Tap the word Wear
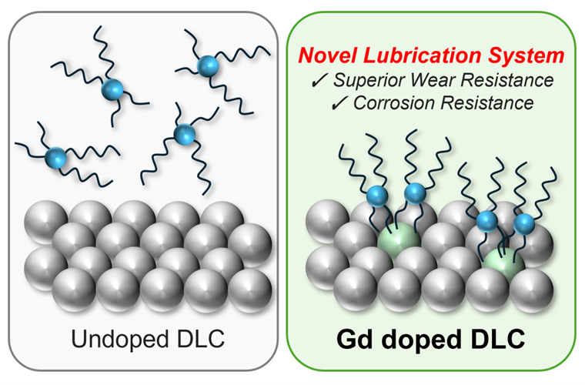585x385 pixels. pos(439,80)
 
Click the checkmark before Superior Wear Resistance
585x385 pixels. pos(324,81)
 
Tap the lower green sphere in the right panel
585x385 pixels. pos(501,273)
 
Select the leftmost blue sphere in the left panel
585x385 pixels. pos(55,158)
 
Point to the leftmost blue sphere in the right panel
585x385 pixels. pos(374,195)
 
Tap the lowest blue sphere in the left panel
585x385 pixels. pos(55,158)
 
